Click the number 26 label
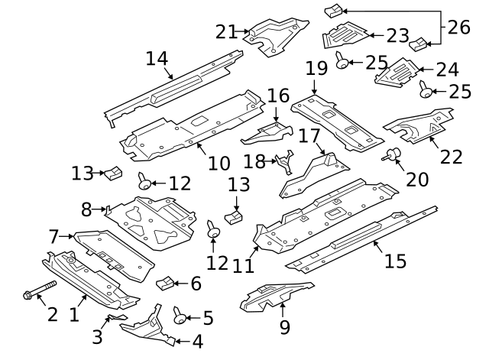click(457, 28)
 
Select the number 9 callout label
click(284, 327)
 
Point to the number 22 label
click(452, 157)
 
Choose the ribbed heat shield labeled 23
click(345, 34)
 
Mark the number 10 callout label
click(218, 162)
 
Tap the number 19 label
click(316, 69)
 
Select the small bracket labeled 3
click(115, 316)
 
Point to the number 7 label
click(54, 237)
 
